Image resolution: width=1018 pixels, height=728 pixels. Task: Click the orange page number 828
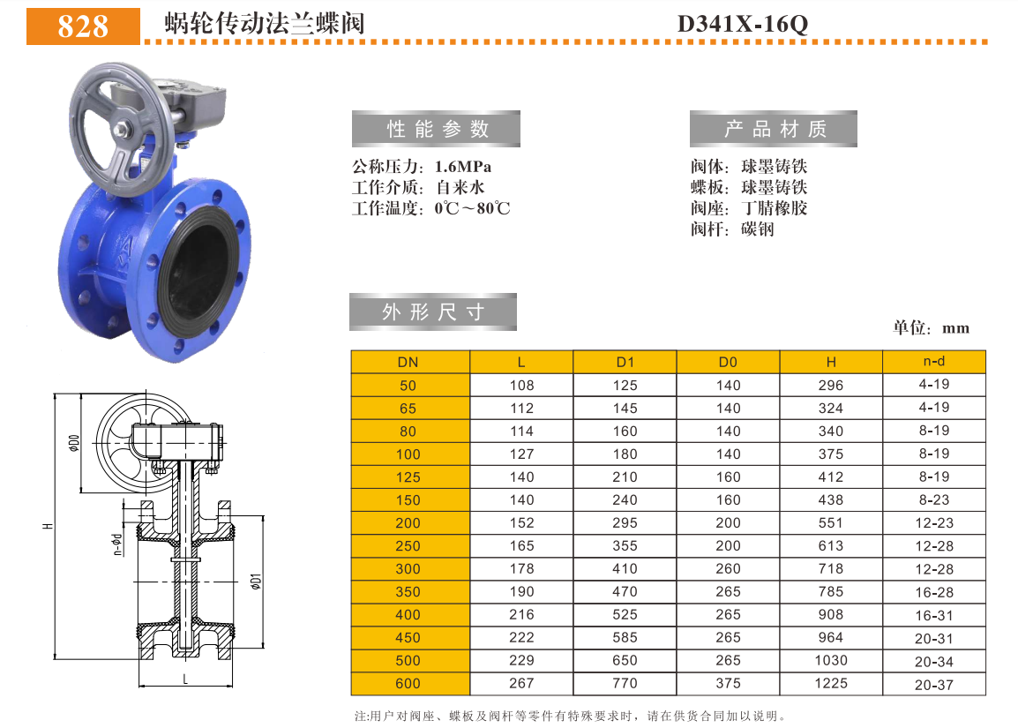83,26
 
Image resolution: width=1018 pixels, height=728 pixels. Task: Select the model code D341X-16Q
742,24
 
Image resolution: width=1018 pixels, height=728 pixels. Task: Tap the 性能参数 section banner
437,129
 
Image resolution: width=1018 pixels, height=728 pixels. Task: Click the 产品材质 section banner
774,129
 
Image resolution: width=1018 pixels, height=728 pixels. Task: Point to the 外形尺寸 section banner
433,312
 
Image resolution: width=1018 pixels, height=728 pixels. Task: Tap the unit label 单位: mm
931,327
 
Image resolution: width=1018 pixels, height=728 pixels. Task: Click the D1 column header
625,362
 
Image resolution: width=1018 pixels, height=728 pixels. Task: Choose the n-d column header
933,361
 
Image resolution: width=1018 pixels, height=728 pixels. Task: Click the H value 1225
830,683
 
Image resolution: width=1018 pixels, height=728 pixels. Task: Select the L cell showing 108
521,385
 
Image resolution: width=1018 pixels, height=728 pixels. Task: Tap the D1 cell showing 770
625,683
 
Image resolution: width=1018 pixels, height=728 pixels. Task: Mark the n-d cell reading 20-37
933,684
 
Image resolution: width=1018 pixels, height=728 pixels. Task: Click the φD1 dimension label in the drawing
255,582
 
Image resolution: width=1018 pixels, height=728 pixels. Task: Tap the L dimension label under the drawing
184,679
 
